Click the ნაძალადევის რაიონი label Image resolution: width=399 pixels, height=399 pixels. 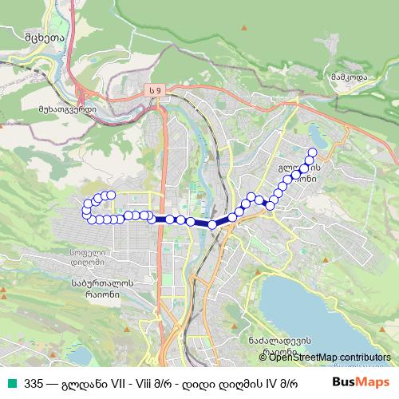[x=279, y=345]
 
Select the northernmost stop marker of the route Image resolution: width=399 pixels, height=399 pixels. [x=312, y=152]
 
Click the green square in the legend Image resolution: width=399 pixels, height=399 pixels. [x=12, y=381]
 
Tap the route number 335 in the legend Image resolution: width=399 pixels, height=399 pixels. [x=34, y=381]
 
